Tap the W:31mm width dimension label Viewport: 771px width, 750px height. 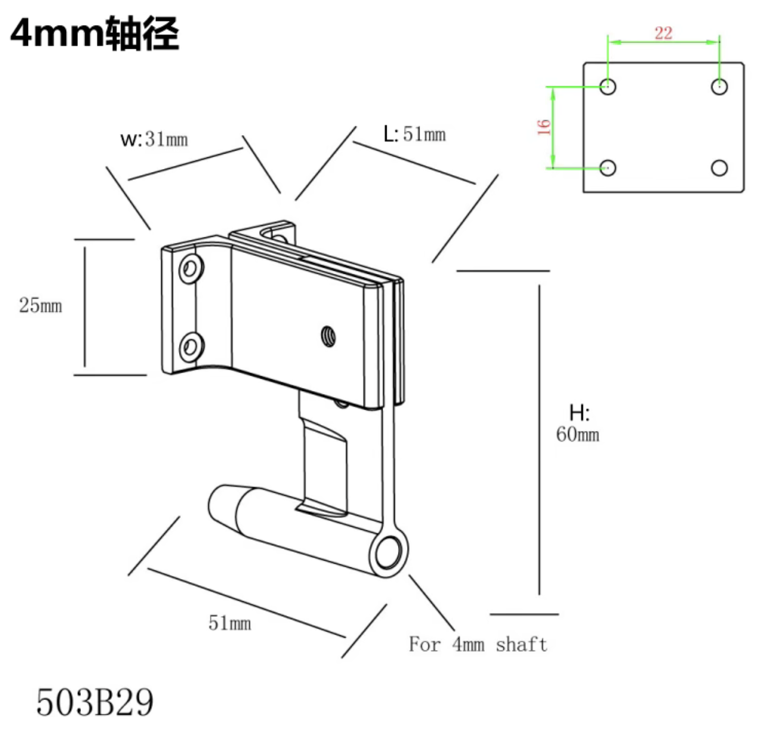(154, 139)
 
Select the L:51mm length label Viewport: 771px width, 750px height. (415, 134)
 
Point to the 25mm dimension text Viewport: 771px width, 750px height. (40, 305)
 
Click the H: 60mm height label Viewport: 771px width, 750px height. (578, 424)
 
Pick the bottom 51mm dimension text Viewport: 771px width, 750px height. (230, 623)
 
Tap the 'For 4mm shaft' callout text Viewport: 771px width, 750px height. (478, 644)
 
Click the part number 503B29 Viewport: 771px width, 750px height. (95, 702)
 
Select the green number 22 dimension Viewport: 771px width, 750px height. (663, 33)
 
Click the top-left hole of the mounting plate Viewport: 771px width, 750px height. (607, 86)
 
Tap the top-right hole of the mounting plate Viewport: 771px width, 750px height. (719, 86)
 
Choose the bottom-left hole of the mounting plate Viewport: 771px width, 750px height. (607, 168)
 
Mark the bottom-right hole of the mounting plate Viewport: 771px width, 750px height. (719, 168)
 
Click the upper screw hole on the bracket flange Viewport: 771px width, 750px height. (191, 268)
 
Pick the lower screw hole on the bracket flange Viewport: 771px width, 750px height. (191, 346)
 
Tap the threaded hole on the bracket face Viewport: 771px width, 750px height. (327, 336)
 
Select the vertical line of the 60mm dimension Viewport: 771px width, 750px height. (540, 440)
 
